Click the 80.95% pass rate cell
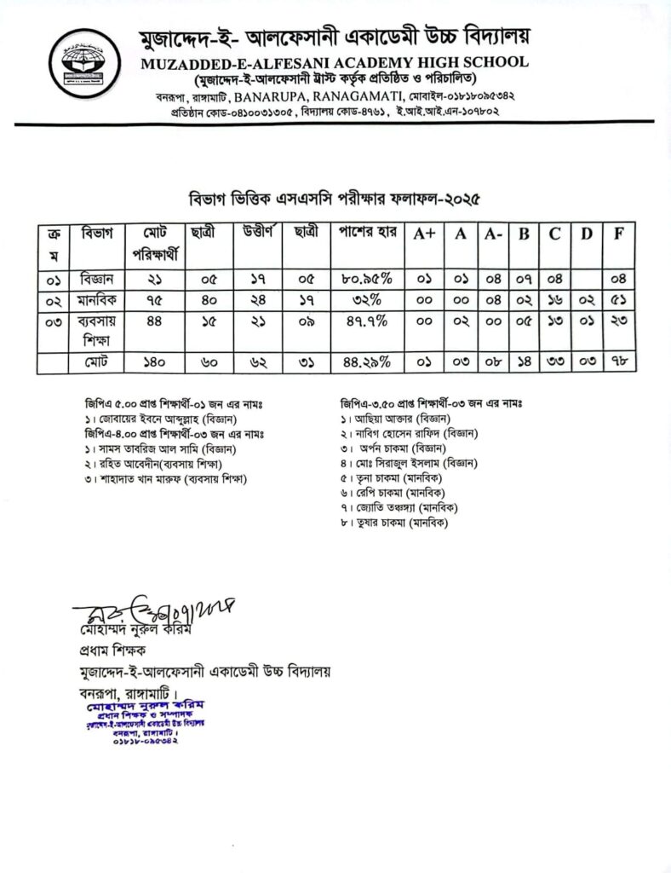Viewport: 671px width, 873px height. [x=365, y=278]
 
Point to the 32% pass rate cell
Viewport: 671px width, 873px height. [x=365, y=300]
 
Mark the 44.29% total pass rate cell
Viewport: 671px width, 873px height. [x=365, y=362]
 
